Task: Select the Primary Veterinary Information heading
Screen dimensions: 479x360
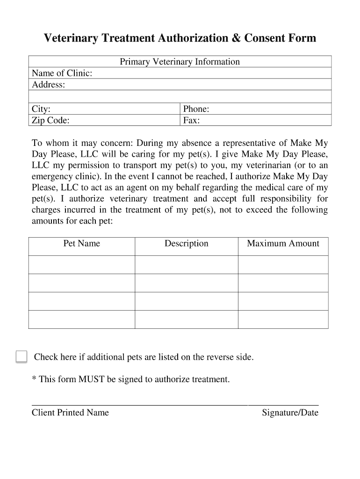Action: (180, 62)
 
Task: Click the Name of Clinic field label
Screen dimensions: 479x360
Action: (62, 73)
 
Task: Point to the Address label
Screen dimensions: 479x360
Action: (48, 85)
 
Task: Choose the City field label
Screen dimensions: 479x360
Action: (41, 109)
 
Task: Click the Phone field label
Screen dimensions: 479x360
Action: (196, 109)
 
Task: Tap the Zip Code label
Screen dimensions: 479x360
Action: (50, 121)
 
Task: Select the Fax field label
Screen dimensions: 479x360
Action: (191, 121)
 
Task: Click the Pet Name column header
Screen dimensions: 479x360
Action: (82, 243)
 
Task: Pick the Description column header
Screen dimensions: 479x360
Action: (186, 243)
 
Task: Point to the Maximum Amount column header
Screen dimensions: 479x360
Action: (283, 243)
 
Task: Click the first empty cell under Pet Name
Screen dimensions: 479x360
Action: (82, 264)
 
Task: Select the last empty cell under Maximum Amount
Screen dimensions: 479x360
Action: (283, 319)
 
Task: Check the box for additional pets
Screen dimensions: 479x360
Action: (21, 356)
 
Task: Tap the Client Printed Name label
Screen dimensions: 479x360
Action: (70, 413)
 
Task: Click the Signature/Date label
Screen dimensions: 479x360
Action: (290, 413)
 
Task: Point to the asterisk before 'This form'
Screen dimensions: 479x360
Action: (34, 378)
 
